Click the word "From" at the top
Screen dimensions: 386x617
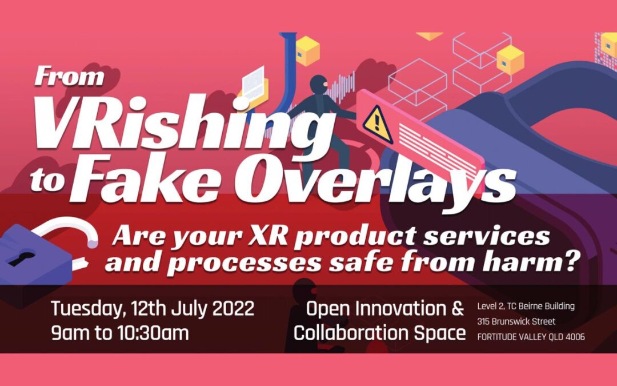(69, 77)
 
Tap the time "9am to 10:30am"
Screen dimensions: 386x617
(119, 333)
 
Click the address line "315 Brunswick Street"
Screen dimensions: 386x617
(516, 321)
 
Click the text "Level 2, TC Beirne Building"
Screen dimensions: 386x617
(526, 306)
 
